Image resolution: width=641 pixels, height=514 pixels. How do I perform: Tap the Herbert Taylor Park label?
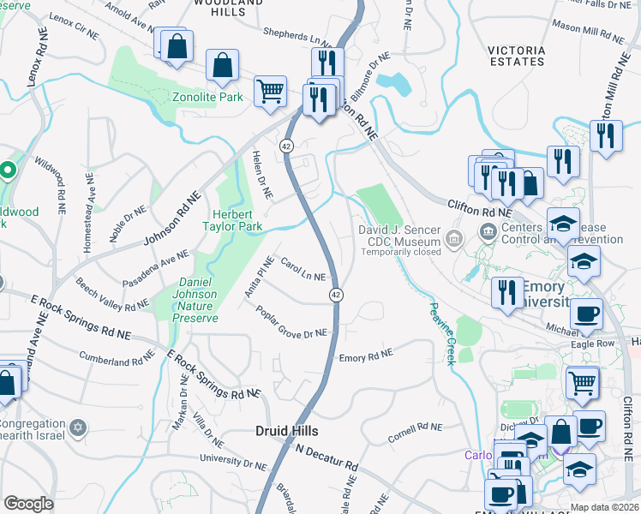pos(231,221)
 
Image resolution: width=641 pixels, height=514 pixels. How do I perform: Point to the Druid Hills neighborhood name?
pos(287,430)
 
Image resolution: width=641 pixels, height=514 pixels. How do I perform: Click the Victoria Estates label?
pos(516,56)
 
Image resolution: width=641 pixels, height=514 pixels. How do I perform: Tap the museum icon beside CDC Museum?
pos(455,236)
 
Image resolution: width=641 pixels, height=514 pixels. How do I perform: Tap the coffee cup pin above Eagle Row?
pos(588,314)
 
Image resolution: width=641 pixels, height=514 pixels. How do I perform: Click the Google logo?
pos(27,504)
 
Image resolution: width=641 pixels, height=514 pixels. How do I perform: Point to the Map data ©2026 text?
pos(604,507)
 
